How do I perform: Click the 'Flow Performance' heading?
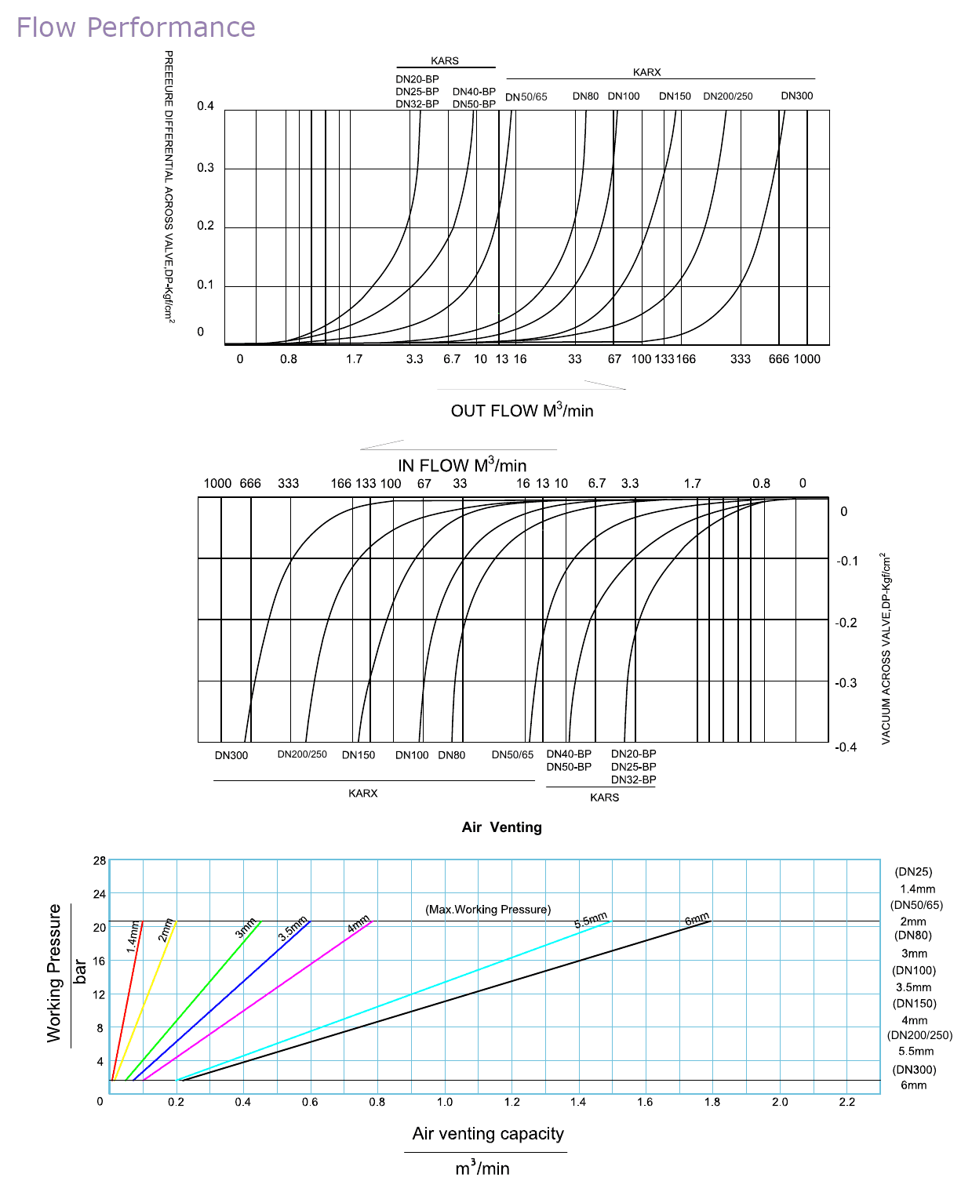[x=136, y=27]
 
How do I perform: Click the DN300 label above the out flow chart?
[x=797, y=96]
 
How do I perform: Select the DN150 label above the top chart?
[x=675, y=96]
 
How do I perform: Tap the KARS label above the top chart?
[x=445, y=60]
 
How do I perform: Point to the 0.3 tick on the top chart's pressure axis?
[x=206, y=167]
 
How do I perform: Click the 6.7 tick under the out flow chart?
[x=452, y=358]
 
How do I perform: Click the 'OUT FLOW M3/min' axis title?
[x=522, y=410]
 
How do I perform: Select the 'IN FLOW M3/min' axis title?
[x=462, y=464]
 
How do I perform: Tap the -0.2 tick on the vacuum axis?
[x=846, y=623]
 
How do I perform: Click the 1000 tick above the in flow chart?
[x=217, y=483]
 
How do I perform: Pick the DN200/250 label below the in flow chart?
[x=302, y=754]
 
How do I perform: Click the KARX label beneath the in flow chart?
[x=362, y=793]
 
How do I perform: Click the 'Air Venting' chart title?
[x=501, y=827]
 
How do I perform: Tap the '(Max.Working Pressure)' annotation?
[x=488, y=910]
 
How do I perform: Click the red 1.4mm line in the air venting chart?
[x=127, y=1001]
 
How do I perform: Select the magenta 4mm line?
[x=257, y=1001]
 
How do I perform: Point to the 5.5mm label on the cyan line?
[x=591, y=920]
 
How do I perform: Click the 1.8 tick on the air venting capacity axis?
[x=712, y=1102]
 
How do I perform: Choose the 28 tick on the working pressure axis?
[x=99, y=861]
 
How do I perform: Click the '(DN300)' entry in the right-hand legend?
[x=914, y=1070]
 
